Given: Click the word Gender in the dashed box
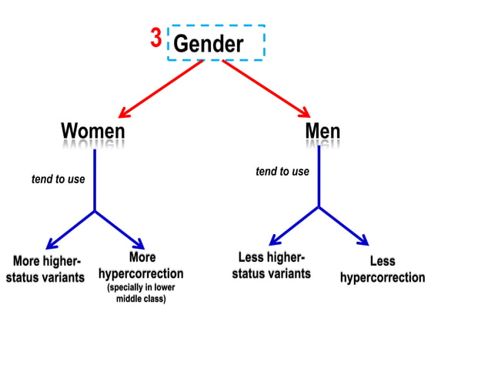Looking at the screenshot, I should pyautogui.click(x=209, y=44).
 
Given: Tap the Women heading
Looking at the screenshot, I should pyautogui.click(x=93, y=131).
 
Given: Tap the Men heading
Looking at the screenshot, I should pyautogui.click(x=322, y=130).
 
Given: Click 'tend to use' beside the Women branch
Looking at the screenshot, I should pyautogui.click(x=58, y=179).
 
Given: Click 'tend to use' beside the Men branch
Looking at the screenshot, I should pyautogui.click(x=282, y=172).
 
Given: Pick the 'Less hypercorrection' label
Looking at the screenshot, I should pyautogui.click(x=382, y=269).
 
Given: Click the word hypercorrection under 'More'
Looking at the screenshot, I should pyautogui.click(x=141, y=273).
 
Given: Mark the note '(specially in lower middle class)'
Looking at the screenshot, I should pyautogui.click(x=141, y=293).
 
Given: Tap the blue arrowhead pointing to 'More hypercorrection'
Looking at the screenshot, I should pyautogui.click(x=139, y=244).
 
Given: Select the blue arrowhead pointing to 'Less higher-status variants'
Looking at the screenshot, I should pyautogui.click(x=276, y=241).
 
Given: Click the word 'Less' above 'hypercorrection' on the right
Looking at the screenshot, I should pyautogui.click(x=382, y=262).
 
